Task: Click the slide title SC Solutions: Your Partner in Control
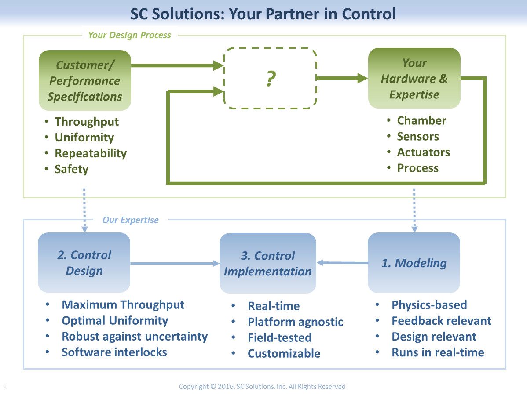[263, 14]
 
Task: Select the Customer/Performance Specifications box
[85, 80]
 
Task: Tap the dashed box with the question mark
[270, 78]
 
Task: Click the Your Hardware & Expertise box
[414, 79]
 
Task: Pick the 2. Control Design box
[84, 263]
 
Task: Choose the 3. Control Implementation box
[267, 263]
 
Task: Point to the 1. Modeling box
[414, 263]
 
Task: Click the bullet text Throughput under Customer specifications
[87, 122]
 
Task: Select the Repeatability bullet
[91, 153]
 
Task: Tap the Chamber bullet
[421, 121]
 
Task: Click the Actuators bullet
[423, 152]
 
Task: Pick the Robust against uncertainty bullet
[135, 337]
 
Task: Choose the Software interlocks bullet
[114, 352]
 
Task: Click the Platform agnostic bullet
[295, 322]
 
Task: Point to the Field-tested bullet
[279, 338]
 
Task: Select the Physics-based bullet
[429, 305]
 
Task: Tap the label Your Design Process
[130, 35]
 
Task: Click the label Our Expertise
[131, 220]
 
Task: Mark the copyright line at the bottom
[262, 387]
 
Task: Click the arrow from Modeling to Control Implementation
[342, 263]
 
